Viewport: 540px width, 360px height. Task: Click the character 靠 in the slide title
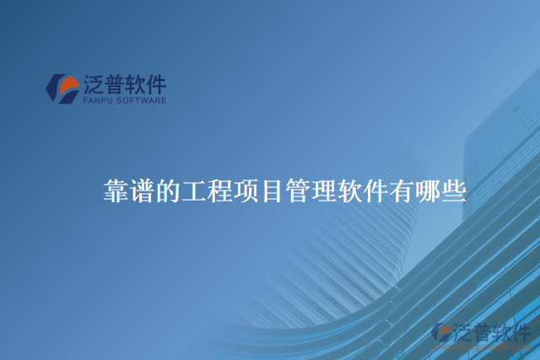115,191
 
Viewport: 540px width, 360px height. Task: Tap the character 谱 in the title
141,191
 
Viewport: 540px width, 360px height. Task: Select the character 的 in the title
167,191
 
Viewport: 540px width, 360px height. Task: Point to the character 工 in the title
193,191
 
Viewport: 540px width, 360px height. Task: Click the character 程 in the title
219,191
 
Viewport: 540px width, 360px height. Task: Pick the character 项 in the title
246,191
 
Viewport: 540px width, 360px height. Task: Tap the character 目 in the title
272,191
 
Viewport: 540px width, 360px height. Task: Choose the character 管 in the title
298,191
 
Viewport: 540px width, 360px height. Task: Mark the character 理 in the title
324,191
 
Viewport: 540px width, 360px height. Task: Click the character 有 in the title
402,191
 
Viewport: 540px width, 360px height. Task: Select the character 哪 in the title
429,191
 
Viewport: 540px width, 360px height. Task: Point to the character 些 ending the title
455,191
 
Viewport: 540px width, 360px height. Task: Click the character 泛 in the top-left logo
93,84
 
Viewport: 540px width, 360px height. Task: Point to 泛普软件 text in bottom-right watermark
494,331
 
